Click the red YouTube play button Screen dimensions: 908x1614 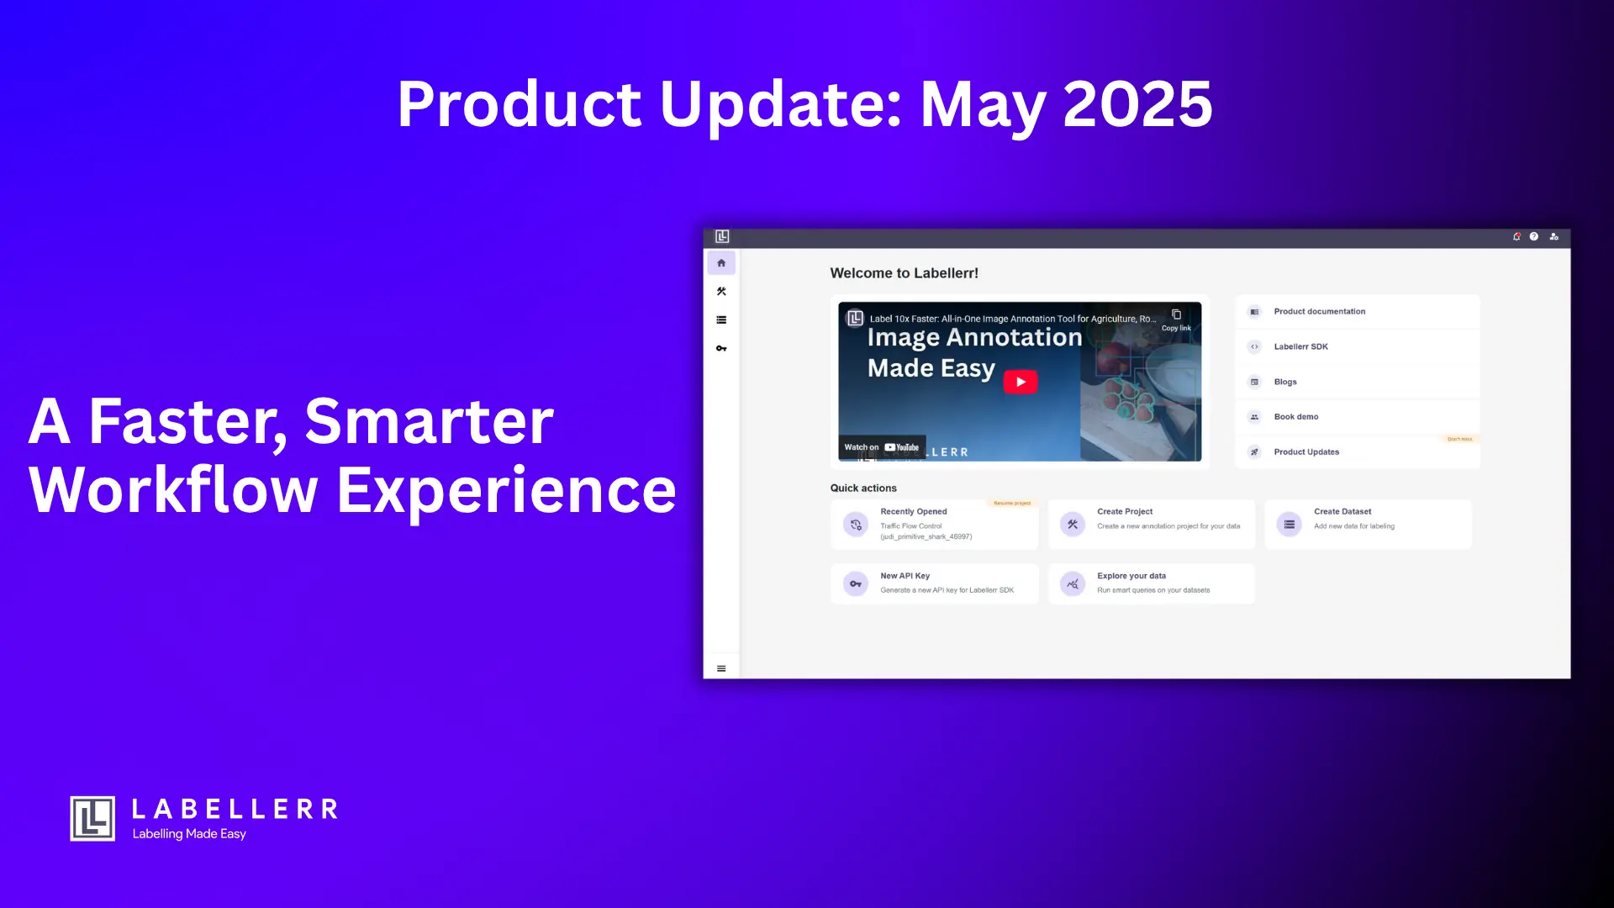(1020, 382)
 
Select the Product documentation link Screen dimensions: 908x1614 (1319, 312)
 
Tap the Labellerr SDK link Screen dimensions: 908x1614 (1300, 346)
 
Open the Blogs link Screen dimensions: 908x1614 (1284, 382)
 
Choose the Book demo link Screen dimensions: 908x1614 (1295, 417)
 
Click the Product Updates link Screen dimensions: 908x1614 (1305, 452)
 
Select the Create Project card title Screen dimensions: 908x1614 (1124, 511)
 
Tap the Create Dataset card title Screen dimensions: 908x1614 (1342, 511)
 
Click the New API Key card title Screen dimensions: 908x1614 (905, 576)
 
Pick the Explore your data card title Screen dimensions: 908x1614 (1131, 576)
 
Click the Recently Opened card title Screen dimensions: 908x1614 (913, 511)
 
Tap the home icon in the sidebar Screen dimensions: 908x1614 (721, 263)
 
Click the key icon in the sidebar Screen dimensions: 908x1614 (721, 348)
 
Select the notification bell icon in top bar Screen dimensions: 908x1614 (1516, 237)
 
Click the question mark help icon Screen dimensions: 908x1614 (1534, 237)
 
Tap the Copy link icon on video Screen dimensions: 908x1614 (1176, 315)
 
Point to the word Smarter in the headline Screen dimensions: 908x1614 (429, 421)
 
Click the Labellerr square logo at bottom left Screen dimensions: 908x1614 (92, 818)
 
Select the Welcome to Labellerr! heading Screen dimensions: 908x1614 (904, 273)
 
